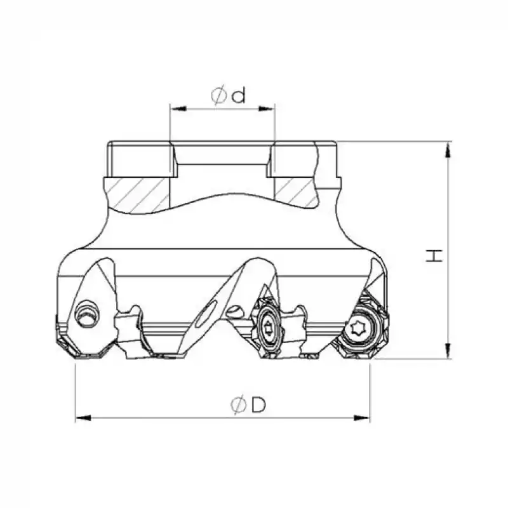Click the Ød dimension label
[229, 95]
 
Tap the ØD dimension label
[248, 404]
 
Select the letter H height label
[434, 256]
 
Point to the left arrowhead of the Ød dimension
[178, 109]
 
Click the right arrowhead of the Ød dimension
[266, 109]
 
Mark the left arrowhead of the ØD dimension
[83, 418]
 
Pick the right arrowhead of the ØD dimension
[361, 418]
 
